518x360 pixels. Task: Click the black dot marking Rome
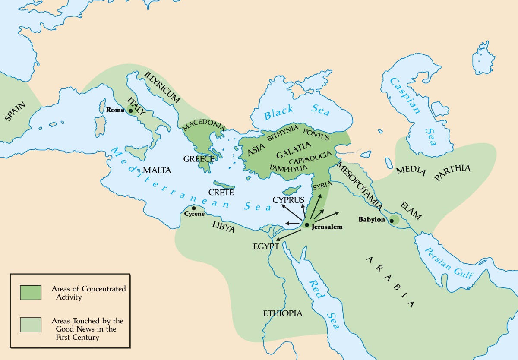pyautogui.click(x=131, y=111)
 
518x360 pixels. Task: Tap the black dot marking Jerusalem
pyautogui.click(x=306, y=225)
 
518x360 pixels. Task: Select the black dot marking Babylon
pyautogui.click(x=392, y=221)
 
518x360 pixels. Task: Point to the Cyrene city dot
pyautogui.click(x=193, y=208)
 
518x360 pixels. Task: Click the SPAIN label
pyautogui.click(x=16, y=111)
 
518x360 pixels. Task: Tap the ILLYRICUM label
pyautogui.click(x=163, y=87)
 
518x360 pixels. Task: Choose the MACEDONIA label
pyautogui.click(x=204, y=126)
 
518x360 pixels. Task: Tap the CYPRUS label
pyautogui.click(x=288, y=200)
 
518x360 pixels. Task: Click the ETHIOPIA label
pyautogui.click(x=283, y=313)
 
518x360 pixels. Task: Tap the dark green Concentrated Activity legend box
pyautogui.click(x=30, y=292)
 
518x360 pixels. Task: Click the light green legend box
pyautogui.click(x=30, y=325)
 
